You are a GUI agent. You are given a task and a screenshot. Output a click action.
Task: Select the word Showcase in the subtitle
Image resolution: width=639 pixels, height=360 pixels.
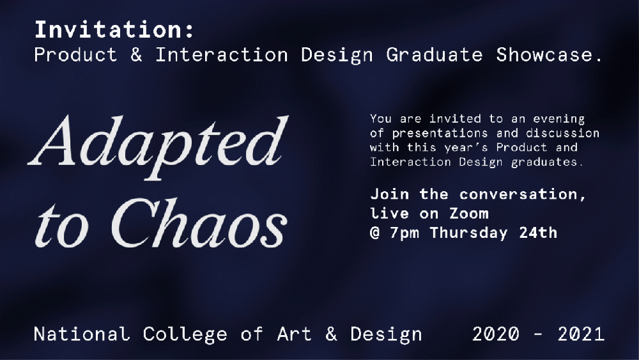pos(544,54)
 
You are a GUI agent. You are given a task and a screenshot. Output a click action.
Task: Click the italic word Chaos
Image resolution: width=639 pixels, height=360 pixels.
pos(199,223)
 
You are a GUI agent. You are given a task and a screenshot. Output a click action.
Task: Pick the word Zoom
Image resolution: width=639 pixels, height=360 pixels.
pos(468,213)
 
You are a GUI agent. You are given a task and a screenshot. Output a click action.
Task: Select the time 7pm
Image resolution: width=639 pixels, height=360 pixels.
pos(404,233)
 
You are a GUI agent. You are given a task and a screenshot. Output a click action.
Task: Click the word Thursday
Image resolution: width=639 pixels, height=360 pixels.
pos(468,233)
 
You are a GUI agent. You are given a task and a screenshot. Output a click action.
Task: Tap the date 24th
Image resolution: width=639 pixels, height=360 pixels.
pos(538,232)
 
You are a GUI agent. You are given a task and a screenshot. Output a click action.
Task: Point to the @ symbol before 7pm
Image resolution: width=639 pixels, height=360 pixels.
pos(375,233)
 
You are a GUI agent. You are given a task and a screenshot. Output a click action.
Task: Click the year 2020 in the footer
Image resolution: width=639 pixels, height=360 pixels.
pos(496,334)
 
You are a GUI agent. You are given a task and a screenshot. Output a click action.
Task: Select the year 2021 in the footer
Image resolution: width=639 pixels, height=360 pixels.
pos(581,334)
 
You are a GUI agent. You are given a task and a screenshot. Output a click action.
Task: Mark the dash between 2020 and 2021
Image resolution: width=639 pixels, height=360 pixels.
pos(538,334)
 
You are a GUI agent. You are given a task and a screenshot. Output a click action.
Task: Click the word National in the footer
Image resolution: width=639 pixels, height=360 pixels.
pos(82,334)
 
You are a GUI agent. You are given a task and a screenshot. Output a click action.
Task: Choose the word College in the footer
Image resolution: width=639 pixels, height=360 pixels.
pos(185,335)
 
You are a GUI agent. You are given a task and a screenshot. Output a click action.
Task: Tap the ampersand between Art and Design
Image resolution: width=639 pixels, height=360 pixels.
pos(331,334)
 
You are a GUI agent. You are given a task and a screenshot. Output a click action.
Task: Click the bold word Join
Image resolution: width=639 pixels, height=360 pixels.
pos(389,194)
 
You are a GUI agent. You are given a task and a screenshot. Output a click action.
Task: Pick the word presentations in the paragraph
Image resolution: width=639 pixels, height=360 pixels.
pos(440,134)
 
